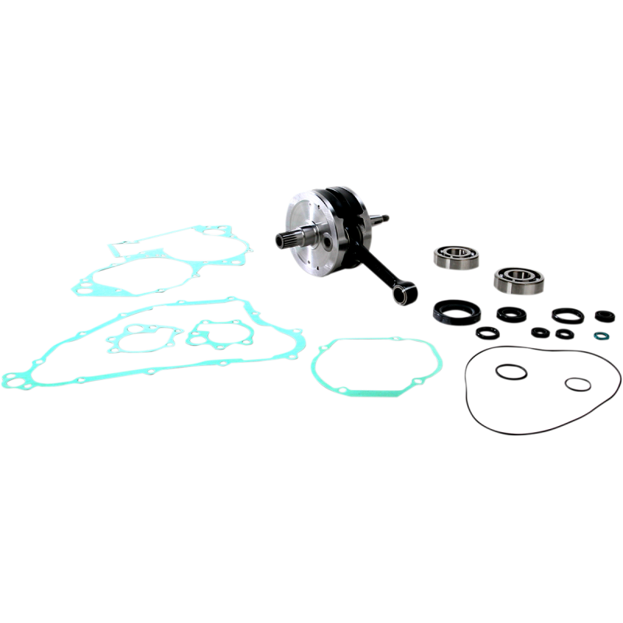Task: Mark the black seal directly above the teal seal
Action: tap(600, 315)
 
